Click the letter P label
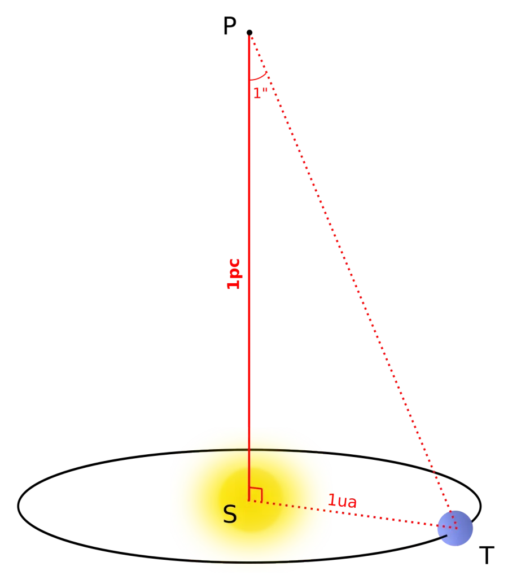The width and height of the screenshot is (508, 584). [x=230, y=26]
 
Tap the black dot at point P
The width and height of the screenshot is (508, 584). [x=249, y=33]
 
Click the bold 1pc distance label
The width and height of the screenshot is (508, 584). [x=234, y=274]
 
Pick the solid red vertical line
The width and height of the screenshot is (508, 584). [x=249, y=267]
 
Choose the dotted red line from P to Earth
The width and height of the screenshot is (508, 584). [x=353, y=280]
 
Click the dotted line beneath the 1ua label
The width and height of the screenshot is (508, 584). [x=353, y=514]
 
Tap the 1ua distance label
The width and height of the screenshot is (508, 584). [x=342, y=501]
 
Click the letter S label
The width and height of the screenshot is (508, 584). [x=230, y=515]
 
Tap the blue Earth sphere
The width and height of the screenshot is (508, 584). [x=455, y=528]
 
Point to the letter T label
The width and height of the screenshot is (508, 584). [x=487, y=555]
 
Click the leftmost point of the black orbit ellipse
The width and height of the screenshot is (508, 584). [x=18, y=506]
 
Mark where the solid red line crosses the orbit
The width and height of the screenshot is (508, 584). [x=249, y=450]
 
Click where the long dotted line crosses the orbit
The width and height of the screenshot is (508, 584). [x=433, y=472]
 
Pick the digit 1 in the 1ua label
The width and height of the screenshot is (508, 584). [x=331, y=500]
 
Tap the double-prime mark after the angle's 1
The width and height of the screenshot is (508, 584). [x=265, y=90]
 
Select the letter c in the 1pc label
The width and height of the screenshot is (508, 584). [x=234, y=264]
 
